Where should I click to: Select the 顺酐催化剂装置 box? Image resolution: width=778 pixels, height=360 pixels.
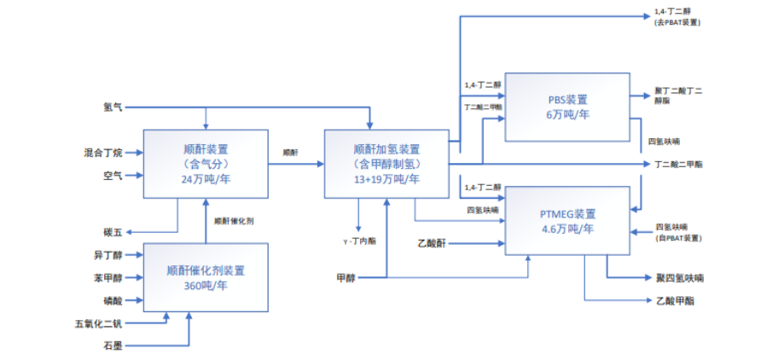(206, 277)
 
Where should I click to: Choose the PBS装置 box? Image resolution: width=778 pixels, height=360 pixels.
(567, 106)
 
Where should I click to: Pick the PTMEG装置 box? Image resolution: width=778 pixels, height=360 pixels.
(567, 221)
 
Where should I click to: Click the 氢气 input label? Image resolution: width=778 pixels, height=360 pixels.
(113, 107)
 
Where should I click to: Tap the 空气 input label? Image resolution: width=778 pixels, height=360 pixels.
(113, 175)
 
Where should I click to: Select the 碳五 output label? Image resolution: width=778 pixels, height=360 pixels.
(113, 231)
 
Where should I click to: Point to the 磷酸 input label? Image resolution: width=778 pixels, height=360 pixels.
(113, 299)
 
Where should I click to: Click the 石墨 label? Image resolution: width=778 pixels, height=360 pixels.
(113, 345)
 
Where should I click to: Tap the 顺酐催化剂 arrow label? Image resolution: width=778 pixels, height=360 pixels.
(234, 221)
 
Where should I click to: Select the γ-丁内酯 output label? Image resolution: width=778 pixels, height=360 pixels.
(358, 241)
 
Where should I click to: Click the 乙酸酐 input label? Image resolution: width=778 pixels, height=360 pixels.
(433, 243)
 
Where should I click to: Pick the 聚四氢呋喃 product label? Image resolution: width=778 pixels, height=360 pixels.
(679, 278)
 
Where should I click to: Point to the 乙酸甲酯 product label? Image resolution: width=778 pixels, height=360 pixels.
(676, 300)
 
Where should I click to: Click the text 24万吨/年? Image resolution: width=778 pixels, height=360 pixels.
(206, 180)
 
